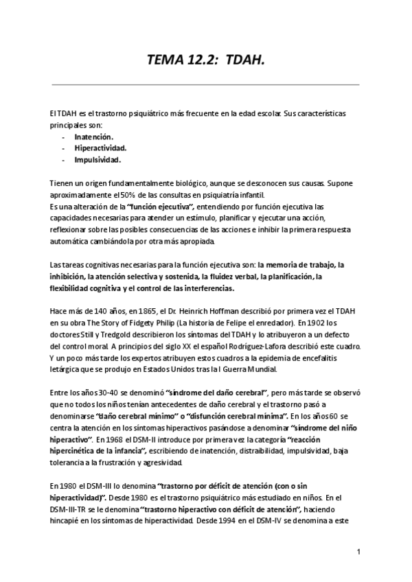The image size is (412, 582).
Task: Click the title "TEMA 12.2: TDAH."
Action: pyautogui.click(x=205, y=64)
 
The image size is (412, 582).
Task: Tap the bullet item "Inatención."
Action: pyautogui.click(x=94, y=137)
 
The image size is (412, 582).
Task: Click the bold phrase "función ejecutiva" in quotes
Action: pyautogui.click(x=168, y=207)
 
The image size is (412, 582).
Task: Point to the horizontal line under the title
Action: pyautogui.click(x=205, y=85)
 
